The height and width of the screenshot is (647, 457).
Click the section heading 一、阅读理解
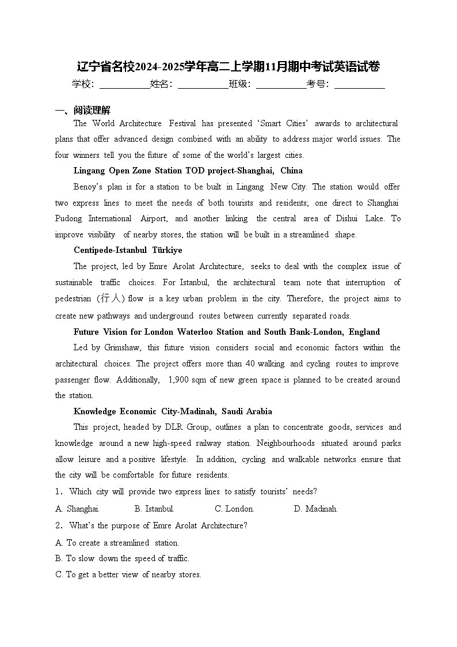(x=82, y=111)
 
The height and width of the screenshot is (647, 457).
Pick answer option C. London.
(x=234, y=509)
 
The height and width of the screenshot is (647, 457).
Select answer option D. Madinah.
(x=315, y=509)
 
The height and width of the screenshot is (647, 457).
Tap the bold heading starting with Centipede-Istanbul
(x=128, y=250)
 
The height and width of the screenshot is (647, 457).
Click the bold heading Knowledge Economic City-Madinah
(x=173, y=411)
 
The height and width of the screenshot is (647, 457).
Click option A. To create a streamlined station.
(x=117, y=543)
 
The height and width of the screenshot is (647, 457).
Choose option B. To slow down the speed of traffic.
(x=122, y=558)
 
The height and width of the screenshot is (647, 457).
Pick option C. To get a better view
(x=128, y=574)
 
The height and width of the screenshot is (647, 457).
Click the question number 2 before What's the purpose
(x=59, y=525)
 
